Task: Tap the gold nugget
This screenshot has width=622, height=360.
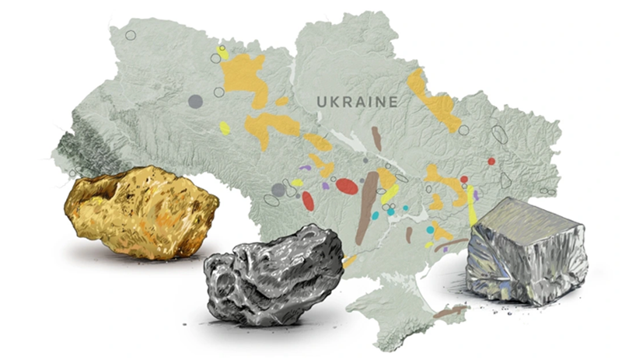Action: (140, 211)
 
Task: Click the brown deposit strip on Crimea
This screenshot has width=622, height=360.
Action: (450, 312)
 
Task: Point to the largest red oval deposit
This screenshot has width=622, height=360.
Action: (347, 187)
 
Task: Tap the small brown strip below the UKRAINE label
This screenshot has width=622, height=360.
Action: (377, 138)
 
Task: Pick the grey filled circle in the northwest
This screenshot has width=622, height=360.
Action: (195, 101)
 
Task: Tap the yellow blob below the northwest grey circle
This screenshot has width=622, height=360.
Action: (225, 128)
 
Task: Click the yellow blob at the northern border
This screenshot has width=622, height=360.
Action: (223, 53)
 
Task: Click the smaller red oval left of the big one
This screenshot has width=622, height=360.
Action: (308, 201)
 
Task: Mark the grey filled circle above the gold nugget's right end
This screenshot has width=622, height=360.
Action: (278, 189)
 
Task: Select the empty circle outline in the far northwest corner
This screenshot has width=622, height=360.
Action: (130, 35)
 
